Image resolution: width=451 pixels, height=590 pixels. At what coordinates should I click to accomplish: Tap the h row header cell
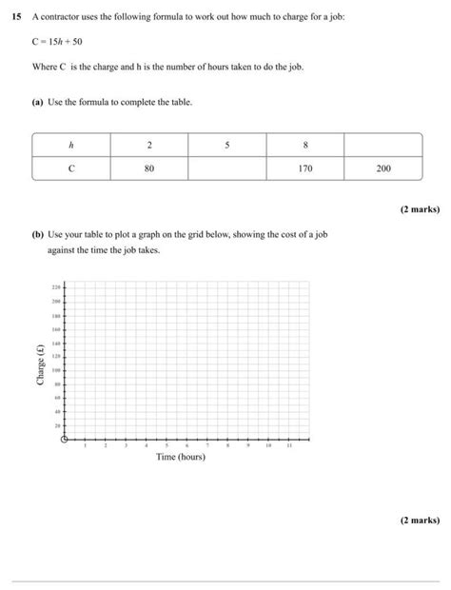coord(71,145)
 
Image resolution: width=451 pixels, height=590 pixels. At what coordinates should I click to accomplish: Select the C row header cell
coord(71,168)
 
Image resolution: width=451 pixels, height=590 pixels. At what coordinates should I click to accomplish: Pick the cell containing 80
coord(149,168)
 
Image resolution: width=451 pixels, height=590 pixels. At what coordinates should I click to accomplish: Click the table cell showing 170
coord(304,168)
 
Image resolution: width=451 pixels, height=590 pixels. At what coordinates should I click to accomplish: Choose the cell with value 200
coord(382,168)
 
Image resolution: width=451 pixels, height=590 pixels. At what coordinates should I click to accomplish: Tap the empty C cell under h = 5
coord(227,168)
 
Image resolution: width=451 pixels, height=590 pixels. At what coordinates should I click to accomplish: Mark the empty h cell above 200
coord(382,145)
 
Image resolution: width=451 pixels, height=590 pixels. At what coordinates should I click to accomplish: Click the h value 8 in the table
coord(304,145)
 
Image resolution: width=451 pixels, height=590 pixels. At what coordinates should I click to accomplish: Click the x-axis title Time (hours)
coord(181,458)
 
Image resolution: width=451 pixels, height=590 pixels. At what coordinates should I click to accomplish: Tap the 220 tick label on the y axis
coord(55,286)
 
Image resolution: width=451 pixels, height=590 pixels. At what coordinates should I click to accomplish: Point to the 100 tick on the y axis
coord(55,369)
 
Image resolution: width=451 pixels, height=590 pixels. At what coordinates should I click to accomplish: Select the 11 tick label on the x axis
coord(288,445)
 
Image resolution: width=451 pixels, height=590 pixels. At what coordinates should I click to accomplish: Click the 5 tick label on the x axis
coord(167,445)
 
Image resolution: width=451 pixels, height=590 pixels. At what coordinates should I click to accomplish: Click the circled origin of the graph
coord(65,439)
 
